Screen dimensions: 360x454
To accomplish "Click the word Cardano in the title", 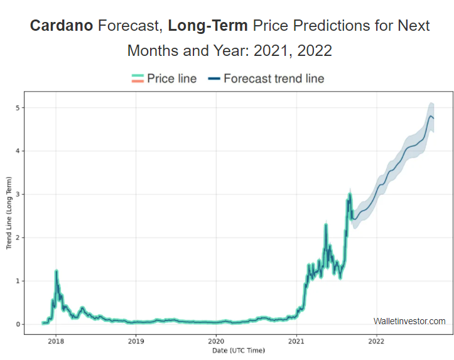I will (x=62, y=26).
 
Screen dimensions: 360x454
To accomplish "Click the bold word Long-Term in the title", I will (x=208, y=26).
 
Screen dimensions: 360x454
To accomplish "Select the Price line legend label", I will (x=171, y=79).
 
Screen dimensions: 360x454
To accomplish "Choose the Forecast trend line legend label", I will (x=274, y=79).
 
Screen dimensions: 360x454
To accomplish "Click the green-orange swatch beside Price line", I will (x=138, y=79).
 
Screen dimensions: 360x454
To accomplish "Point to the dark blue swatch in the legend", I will (x=214, y=79).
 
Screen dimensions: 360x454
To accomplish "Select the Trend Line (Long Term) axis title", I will (x=9, y=213).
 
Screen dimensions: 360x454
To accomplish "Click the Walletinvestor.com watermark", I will (x=409, y=321).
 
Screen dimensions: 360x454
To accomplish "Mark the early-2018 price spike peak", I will (x=57, y=271).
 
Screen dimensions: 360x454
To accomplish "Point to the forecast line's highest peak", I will (x=431, y=116).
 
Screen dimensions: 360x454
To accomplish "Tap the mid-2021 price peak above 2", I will (x=326, y=225).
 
